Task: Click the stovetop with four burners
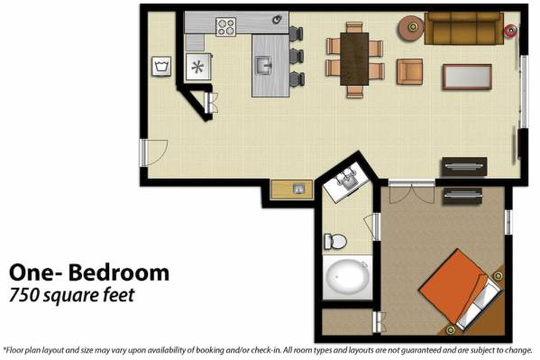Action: [226, 26]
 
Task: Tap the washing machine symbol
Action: [161, 66]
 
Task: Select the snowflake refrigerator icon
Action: [197, 67]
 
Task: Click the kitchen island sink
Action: [264, 65]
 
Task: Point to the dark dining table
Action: [354, 59]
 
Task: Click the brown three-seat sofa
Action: [464, 28]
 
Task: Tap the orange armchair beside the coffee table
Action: [409, 71]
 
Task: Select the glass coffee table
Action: [467, 77]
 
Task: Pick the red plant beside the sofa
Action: [510, 31]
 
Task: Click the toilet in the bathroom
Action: [335, 241]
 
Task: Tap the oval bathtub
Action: [348, 277]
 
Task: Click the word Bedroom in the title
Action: [119, 272]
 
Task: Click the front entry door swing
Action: [154, 152]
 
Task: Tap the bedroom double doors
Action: [412, 193]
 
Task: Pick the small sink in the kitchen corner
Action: [278, 19]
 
